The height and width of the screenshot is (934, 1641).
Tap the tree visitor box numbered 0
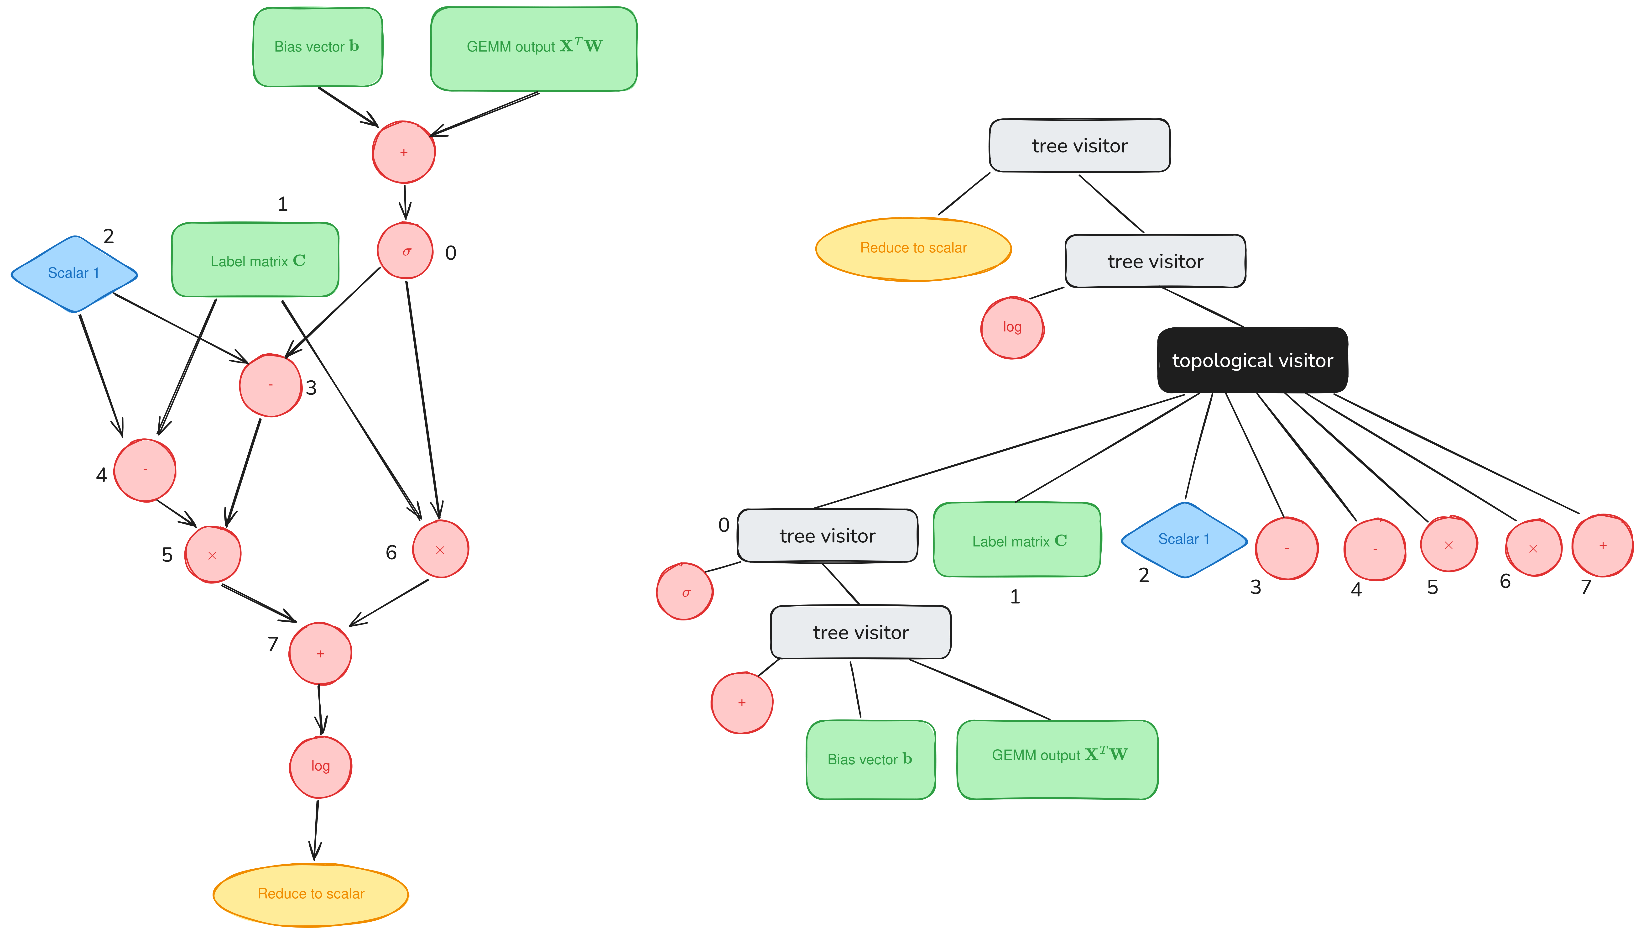click(x=827, y=536)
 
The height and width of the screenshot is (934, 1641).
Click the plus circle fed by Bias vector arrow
click(x=404, y=152)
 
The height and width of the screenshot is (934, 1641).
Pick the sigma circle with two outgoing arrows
click(x=405, y=251)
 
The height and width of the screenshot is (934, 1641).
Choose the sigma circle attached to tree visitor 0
click(x=685, y=592)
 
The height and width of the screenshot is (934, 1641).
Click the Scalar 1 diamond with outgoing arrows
click(x=74, y=274)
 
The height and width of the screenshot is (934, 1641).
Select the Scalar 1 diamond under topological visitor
click(x=1184, y=540)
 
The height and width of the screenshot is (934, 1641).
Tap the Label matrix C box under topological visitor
click(x=1017, y=540)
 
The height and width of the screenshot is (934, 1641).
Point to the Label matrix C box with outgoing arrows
click(x=255, y=260)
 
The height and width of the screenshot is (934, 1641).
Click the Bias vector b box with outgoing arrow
click(x=318, y=47)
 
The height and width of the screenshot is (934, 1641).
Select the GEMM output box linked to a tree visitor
click(x=1058, y=760)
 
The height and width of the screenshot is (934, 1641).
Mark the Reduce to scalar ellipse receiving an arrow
click(x=311, y=894)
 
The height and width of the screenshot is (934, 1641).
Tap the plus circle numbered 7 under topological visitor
click(x=1603, y=545)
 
